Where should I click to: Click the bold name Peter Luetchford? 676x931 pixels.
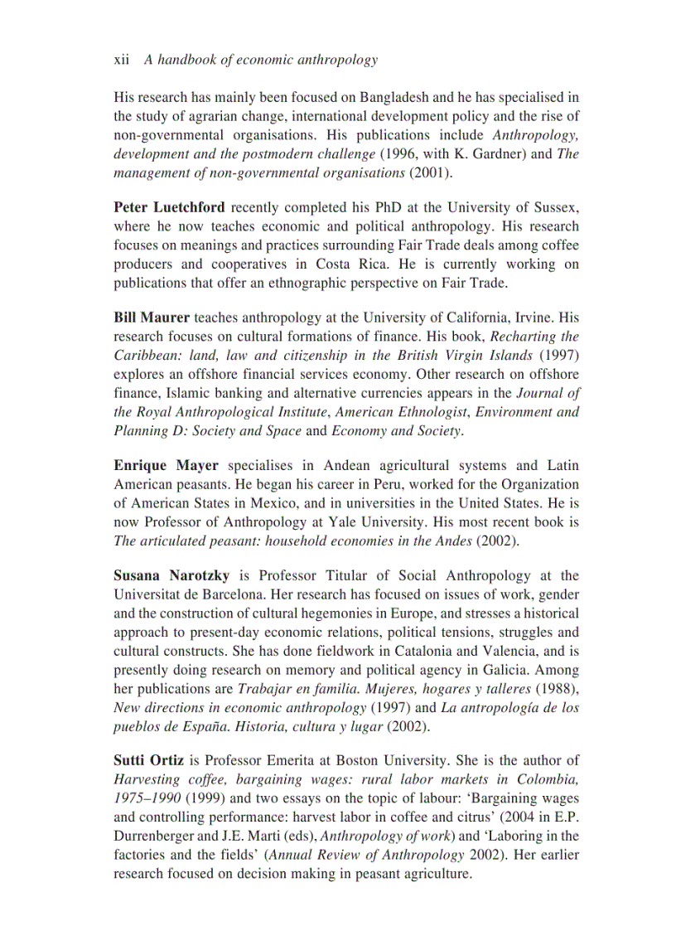point(169,207)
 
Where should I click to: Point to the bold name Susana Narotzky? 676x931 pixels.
point(171,575)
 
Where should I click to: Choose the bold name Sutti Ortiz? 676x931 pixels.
point(149,760)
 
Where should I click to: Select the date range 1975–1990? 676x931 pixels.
point(146,798)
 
